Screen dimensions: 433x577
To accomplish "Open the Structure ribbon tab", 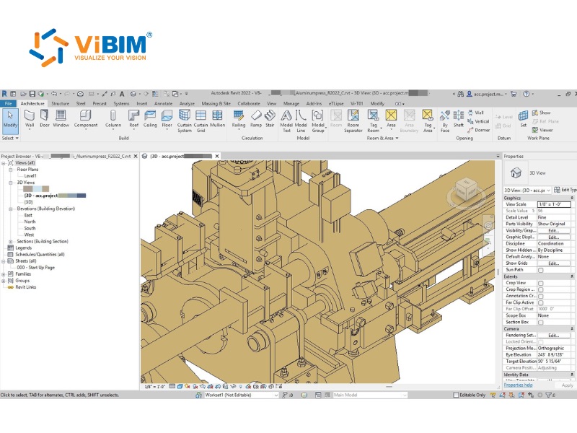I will (61, 103).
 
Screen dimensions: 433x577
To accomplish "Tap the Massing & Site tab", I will (216, 103).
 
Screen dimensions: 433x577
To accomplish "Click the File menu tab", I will (9, 103).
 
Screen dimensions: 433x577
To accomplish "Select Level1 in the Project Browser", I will (30, 175).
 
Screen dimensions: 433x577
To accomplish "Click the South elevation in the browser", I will (30, 228).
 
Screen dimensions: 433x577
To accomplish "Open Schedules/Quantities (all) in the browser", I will (40, 254).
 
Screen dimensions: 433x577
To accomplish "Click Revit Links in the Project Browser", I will (26, 287).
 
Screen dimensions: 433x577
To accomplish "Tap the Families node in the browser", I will (23, 274).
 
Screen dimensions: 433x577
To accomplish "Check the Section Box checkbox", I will (541, 322).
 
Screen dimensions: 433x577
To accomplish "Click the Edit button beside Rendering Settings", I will (553, 335).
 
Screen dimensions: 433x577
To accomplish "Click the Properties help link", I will (518, 385).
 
